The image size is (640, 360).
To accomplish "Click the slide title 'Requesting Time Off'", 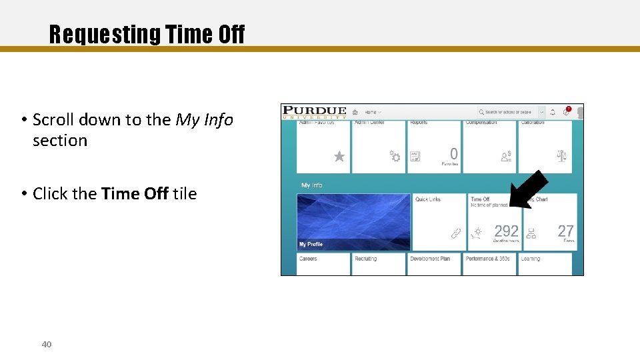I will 147,34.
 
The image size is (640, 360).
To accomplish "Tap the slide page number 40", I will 47,344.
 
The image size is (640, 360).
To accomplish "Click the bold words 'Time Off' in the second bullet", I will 135,194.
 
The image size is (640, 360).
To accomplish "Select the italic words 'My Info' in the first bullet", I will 204,120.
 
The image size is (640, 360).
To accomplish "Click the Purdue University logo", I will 315,112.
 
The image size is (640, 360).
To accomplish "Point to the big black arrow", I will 528,189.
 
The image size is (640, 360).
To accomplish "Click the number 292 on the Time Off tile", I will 506,231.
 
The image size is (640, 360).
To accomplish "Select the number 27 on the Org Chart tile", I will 565,231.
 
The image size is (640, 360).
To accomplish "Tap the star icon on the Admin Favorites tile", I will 339,157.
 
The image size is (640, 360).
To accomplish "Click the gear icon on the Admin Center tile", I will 395,157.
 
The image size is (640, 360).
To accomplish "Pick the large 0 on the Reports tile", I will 453,153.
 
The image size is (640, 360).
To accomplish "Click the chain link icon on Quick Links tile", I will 456,233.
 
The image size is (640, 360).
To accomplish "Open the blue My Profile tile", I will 353,222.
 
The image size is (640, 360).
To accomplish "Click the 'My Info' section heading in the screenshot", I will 311,185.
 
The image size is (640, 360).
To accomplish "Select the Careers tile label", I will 308,259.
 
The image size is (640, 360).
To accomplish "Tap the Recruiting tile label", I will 365,259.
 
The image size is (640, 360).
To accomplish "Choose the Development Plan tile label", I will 429,259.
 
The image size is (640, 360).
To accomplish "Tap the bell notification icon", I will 552,112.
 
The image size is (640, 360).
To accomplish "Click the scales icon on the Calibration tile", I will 561,157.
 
